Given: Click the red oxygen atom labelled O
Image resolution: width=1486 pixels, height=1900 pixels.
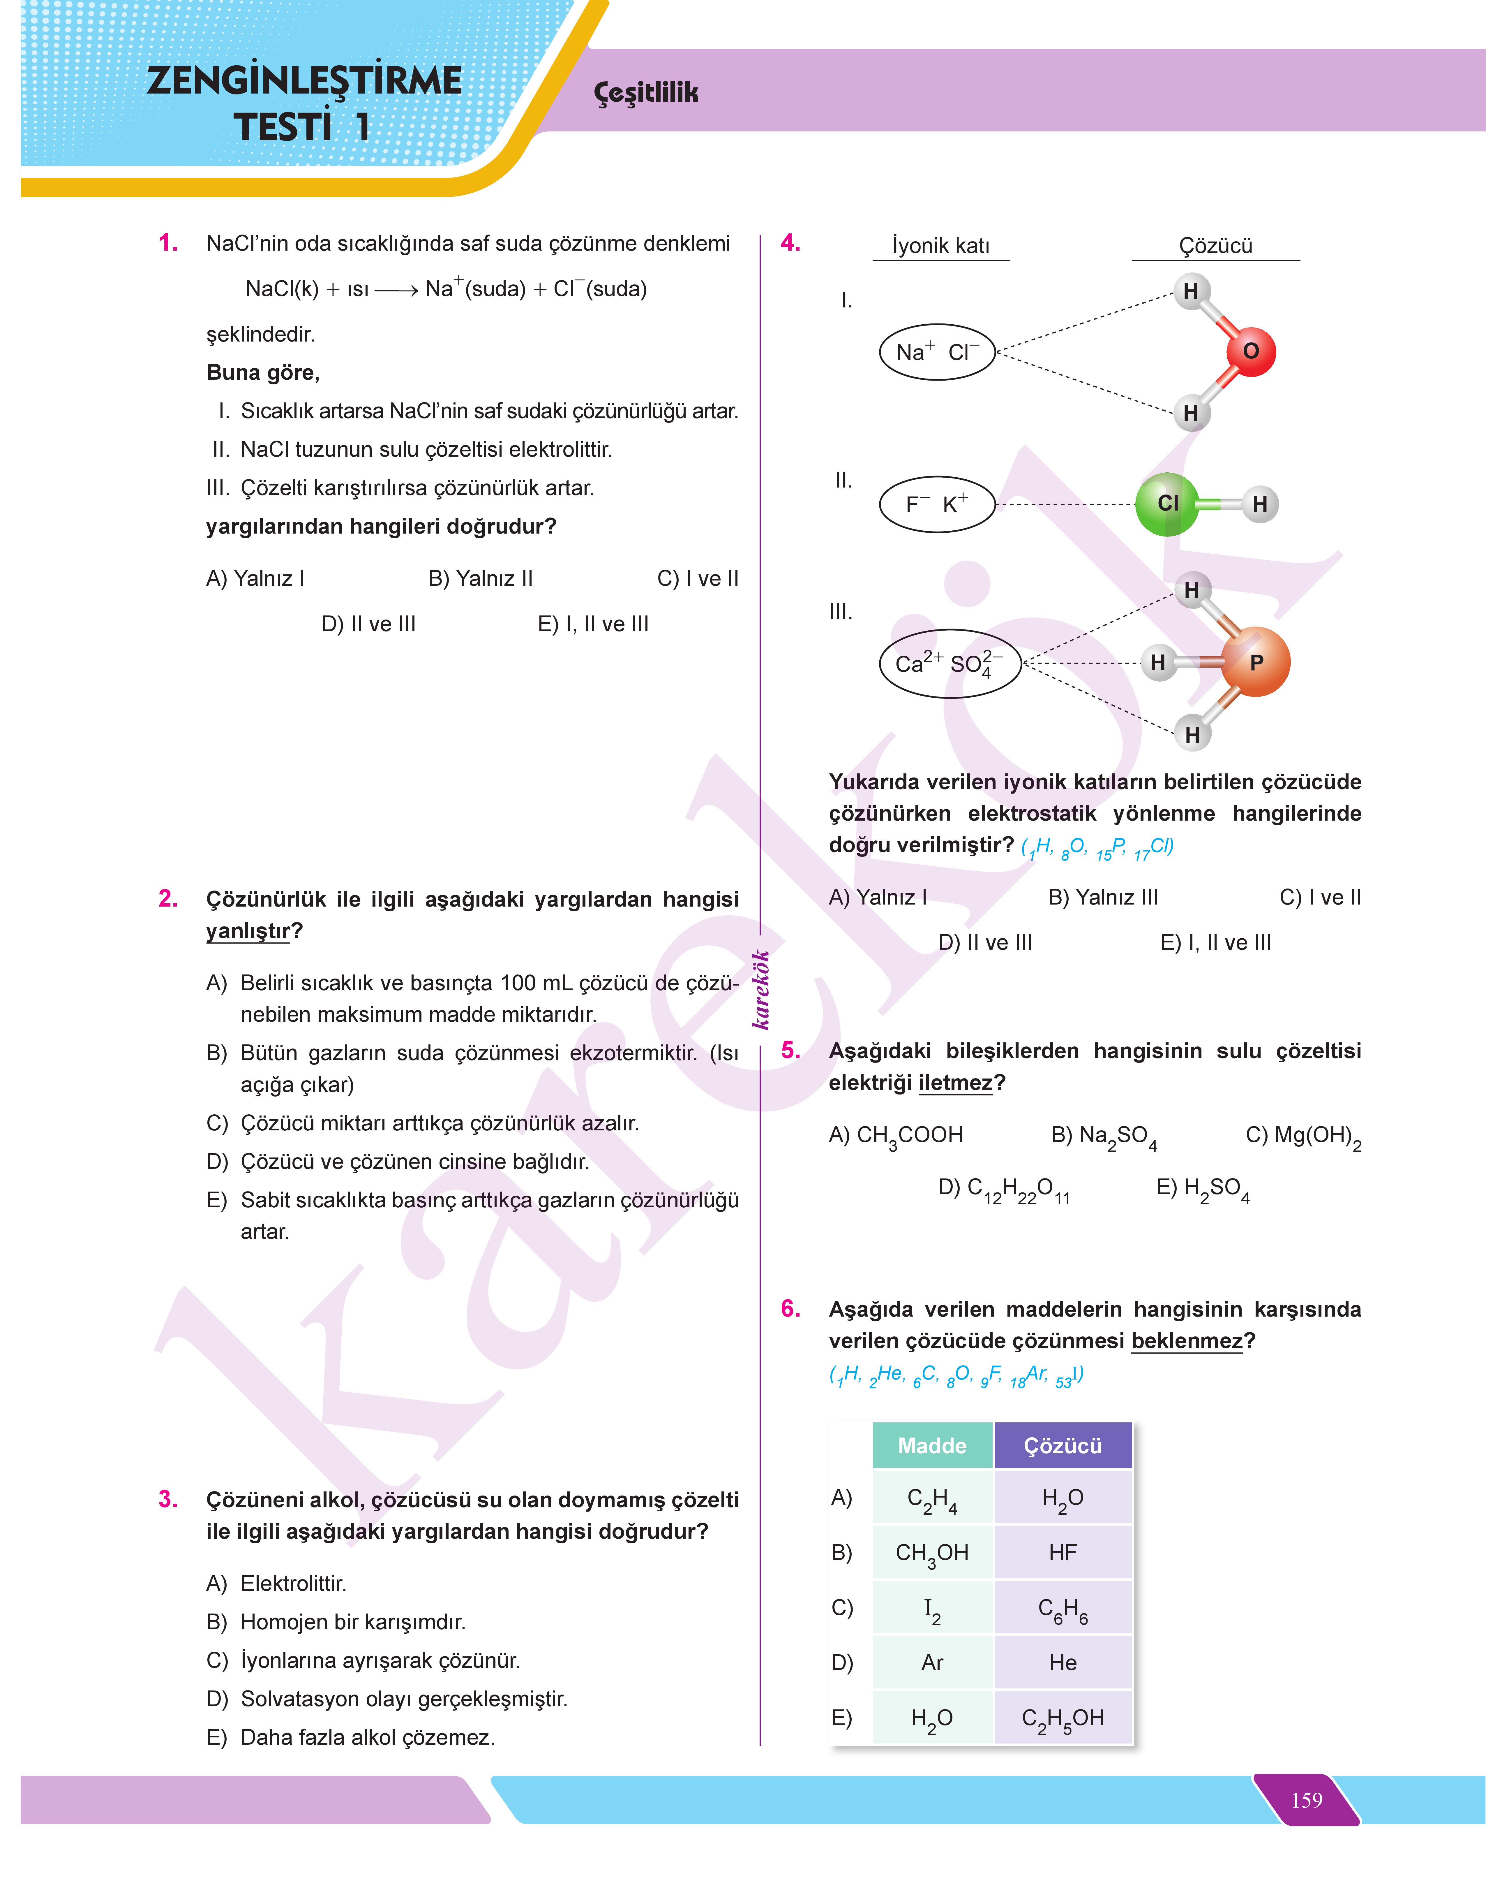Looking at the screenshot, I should [1250, 352].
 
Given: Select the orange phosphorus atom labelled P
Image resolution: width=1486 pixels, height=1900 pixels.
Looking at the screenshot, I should [1254, 662].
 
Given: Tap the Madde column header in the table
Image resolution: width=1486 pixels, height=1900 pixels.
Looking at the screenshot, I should [932, 1446].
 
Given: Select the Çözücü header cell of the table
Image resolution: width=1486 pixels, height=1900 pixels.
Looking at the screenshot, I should [1062, 1446].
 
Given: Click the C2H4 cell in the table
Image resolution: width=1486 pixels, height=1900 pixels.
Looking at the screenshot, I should [932, 1499].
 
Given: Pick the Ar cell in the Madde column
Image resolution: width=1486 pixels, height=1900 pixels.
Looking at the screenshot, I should [932, 1662].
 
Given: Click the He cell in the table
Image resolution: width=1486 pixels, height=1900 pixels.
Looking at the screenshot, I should [1062, 1662].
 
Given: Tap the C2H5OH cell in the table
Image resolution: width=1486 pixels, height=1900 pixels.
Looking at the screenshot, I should [1062, 1718].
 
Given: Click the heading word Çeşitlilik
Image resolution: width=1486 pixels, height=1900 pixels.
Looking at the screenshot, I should [645, 92].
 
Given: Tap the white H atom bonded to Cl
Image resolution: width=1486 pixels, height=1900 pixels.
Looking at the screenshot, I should [1259, 504].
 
